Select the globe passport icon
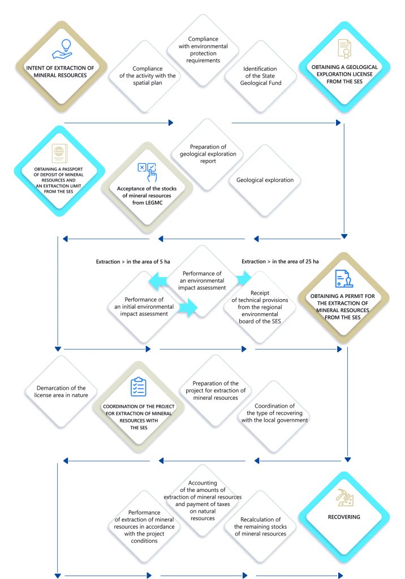59,152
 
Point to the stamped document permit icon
344,279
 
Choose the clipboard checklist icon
138,387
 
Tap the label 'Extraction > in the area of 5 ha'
127,261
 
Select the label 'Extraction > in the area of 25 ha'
280,261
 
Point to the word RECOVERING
344,517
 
